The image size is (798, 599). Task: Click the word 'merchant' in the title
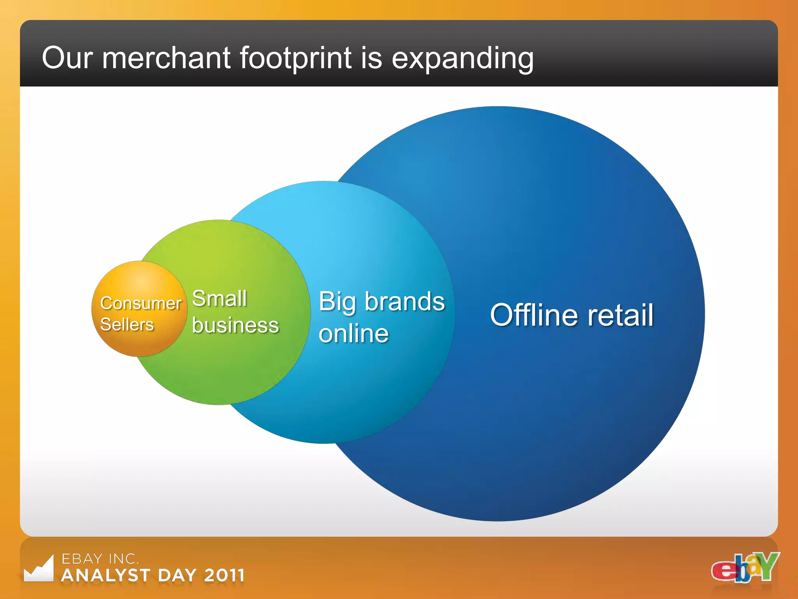point(166,58)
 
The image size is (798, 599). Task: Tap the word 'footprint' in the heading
point(295,58)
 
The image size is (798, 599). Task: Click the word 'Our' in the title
point(67,58)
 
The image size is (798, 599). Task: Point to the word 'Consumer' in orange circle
point(141,303)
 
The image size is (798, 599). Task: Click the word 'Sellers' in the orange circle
point(127,324)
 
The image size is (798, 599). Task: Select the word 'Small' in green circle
point(219,299)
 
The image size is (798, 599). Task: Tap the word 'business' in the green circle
point(235,325)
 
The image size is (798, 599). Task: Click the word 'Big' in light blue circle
point(337,302)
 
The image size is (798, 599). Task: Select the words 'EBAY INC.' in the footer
point(100,559)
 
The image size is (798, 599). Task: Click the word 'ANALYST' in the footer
point(106,576)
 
